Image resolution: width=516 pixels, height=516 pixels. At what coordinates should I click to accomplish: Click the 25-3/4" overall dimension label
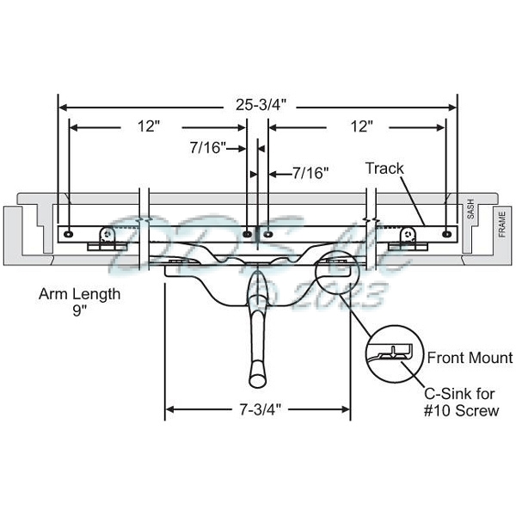click(257, 106)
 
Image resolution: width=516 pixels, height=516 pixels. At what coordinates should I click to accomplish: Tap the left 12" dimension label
click(147, 126)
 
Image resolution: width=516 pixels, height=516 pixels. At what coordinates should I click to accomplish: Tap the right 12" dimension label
click(361, 126)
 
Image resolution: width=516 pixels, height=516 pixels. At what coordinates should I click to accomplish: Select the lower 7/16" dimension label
click(310, 173)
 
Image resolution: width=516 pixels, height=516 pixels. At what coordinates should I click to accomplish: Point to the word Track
click(384, 169)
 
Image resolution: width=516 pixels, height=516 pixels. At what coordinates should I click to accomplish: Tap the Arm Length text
click(79, 294)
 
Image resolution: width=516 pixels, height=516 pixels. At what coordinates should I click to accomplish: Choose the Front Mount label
click(470, 358)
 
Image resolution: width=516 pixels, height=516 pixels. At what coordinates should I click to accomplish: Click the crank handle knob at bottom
click(255, 376)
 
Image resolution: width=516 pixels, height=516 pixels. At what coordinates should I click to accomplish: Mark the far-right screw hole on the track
click(445, 232)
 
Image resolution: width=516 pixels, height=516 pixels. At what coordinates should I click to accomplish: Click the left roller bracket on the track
click(107, 235)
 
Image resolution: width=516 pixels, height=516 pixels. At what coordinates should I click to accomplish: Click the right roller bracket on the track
click(408, 235)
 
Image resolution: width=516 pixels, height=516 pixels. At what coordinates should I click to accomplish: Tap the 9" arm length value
click(79, 311)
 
